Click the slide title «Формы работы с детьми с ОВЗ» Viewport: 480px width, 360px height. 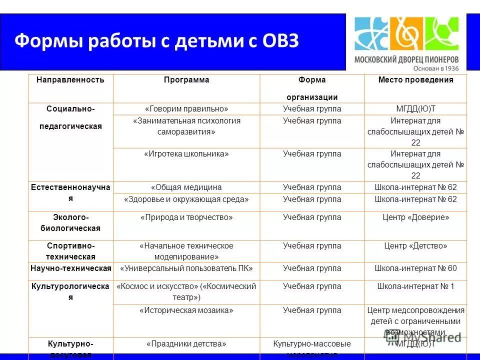(156, 40)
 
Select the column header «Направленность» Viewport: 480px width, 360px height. (70, 80)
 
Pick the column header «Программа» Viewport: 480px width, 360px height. (186, 80)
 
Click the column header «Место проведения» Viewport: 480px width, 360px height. (415, 80)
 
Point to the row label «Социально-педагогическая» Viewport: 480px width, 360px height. (70, 117)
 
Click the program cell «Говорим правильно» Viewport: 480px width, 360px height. (186, 109)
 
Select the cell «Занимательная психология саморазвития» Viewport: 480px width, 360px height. (186, 126)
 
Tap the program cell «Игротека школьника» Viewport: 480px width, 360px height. (186, 154)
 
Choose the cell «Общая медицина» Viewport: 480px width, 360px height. (186, 187)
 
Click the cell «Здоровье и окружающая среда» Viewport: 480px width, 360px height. (186, 199)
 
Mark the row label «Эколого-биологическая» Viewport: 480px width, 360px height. (70, 223)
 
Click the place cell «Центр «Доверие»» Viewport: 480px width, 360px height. (415, 217)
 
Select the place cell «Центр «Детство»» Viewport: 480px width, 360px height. (415, 246)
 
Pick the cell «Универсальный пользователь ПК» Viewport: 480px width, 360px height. (186, 268)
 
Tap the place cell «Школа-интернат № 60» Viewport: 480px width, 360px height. (415, 268)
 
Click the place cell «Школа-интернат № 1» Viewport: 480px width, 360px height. (415, 286)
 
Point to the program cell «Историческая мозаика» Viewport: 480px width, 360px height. (186, 310)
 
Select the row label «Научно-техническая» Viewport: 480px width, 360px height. (70, 268)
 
